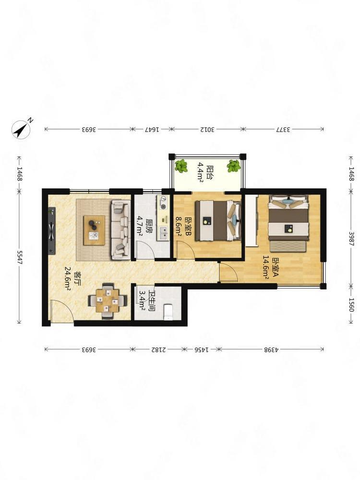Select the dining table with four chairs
[108, 301]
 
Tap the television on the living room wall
[52, 230]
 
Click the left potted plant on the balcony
[181, 166]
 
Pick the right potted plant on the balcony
[234, 166]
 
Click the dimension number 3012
[207, 129]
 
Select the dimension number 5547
[20, 257]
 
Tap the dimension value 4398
[272, 349]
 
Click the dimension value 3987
[351, 239]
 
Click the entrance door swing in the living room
[61, 311]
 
